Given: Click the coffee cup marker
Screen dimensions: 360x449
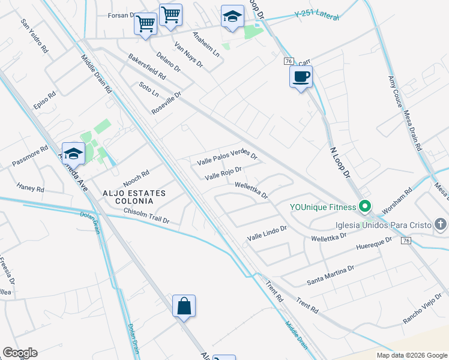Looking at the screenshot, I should pos(301,77).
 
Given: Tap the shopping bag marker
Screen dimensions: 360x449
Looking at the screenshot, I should pos(184,307).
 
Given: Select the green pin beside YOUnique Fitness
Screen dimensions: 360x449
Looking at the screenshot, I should pos(365,208).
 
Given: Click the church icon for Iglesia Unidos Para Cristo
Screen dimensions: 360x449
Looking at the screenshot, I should pos(441,224).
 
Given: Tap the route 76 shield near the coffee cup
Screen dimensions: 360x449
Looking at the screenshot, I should pos(289,61).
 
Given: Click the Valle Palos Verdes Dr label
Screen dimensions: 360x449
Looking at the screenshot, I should pos(228,158).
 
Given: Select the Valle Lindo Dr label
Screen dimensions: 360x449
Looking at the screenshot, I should pos(268,233).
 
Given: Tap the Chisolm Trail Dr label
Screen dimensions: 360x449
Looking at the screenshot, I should pos(146,216).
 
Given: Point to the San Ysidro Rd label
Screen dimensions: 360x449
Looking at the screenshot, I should pos(34,36).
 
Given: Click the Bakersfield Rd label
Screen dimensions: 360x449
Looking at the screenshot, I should pos(146,67).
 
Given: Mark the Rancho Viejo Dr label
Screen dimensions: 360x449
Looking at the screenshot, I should pos(426,309).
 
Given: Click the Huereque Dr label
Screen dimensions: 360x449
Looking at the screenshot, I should pos(373,244).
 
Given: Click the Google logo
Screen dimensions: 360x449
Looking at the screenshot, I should pos(20,353).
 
